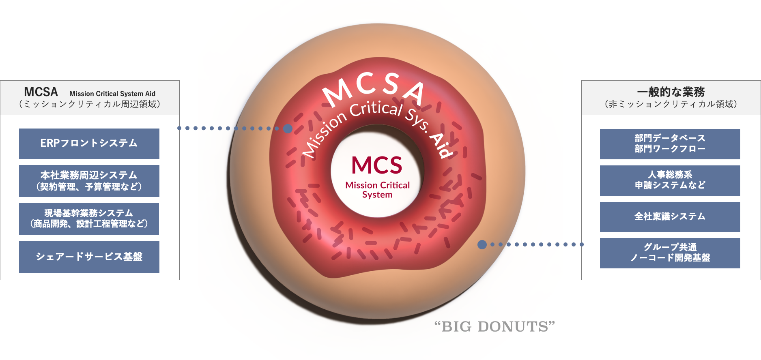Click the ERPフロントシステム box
[x=89, y=144]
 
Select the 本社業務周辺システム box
[x=89, y=181]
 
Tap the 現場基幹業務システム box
[x=89, y=219]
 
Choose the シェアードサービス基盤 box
[x=89, y=257]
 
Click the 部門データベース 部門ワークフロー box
[x=670, y=144]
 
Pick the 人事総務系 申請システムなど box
[x=670, y=180]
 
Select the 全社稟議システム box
[x=670, y=217]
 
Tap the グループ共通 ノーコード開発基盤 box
[x=670, y=253]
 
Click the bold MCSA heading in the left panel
[x=41, y=92]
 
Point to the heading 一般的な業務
[x=671, y=92]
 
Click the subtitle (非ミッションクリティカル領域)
[x=671, y=104]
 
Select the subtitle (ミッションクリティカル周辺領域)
[x=89, y=104]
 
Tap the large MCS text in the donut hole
[x=377, y=165]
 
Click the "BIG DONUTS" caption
[x=494, y=326]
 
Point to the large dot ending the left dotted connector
[x=288, y=129]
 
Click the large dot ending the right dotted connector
[x=482, y=244]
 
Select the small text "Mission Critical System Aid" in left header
[x=112, y=94]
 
